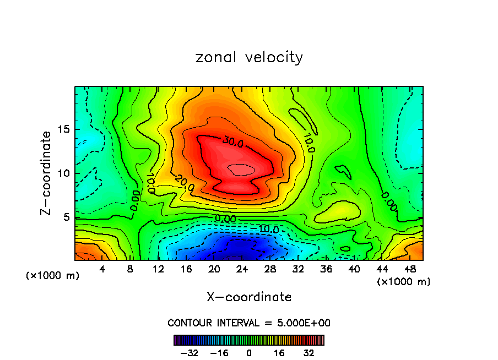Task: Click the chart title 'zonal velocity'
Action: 249,57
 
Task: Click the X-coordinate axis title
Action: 249,297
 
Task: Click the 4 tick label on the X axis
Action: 102,270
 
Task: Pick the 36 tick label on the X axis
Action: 326,270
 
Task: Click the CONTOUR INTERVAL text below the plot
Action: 249,323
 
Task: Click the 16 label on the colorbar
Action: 279,353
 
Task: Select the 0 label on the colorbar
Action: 249,353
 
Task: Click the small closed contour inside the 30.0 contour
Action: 241,170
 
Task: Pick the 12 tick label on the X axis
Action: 158,270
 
